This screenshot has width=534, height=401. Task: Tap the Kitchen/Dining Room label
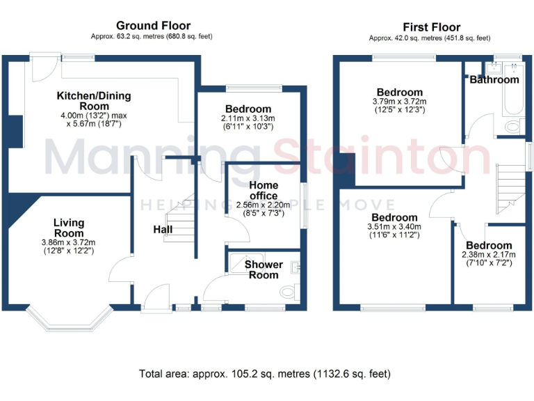94,101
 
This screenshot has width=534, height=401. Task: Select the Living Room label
69,228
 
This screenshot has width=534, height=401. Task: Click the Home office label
263,190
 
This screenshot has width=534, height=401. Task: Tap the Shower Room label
264,269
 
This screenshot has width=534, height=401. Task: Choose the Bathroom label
494,80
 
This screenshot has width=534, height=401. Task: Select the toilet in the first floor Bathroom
514,126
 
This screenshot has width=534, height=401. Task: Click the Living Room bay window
69,319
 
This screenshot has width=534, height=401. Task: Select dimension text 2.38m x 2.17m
489,255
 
